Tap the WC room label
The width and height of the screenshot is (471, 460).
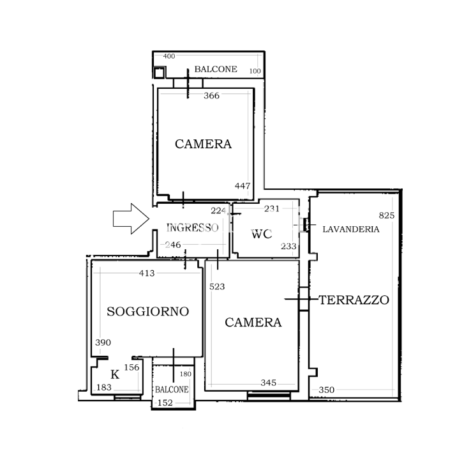coord(262,234)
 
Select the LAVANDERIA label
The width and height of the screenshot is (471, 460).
coord(350,229)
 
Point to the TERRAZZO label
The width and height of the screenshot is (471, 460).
coord(354,300)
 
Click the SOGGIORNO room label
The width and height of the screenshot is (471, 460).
coord(148,312)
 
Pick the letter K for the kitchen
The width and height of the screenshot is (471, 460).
coord(115,374)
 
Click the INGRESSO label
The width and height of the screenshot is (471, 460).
coord(192,227)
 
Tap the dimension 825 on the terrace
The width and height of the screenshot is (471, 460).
coord(387,215)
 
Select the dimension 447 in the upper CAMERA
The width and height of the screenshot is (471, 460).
coord(243,186)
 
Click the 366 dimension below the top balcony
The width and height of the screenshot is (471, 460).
coord(211,96)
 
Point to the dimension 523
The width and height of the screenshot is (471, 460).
coord(217,287)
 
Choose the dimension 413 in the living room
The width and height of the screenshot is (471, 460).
coord(147,273)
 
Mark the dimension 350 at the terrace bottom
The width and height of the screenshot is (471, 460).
coord(326,390)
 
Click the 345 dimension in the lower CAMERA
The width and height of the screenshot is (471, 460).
coord(268,383)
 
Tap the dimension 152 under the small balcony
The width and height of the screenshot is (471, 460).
coord(165,402)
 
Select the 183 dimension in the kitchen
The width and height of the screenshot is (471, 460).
coord(103,388)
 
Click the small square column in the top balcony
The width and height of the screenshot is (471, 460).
coord(159,72)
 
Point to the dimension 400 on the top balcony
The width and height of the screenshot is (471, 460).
coord(168,56)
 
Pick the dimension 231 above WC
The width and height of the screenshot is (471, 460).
coord(272,208)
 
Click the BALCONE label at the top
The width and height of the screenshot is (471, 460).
coord(216,69)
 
